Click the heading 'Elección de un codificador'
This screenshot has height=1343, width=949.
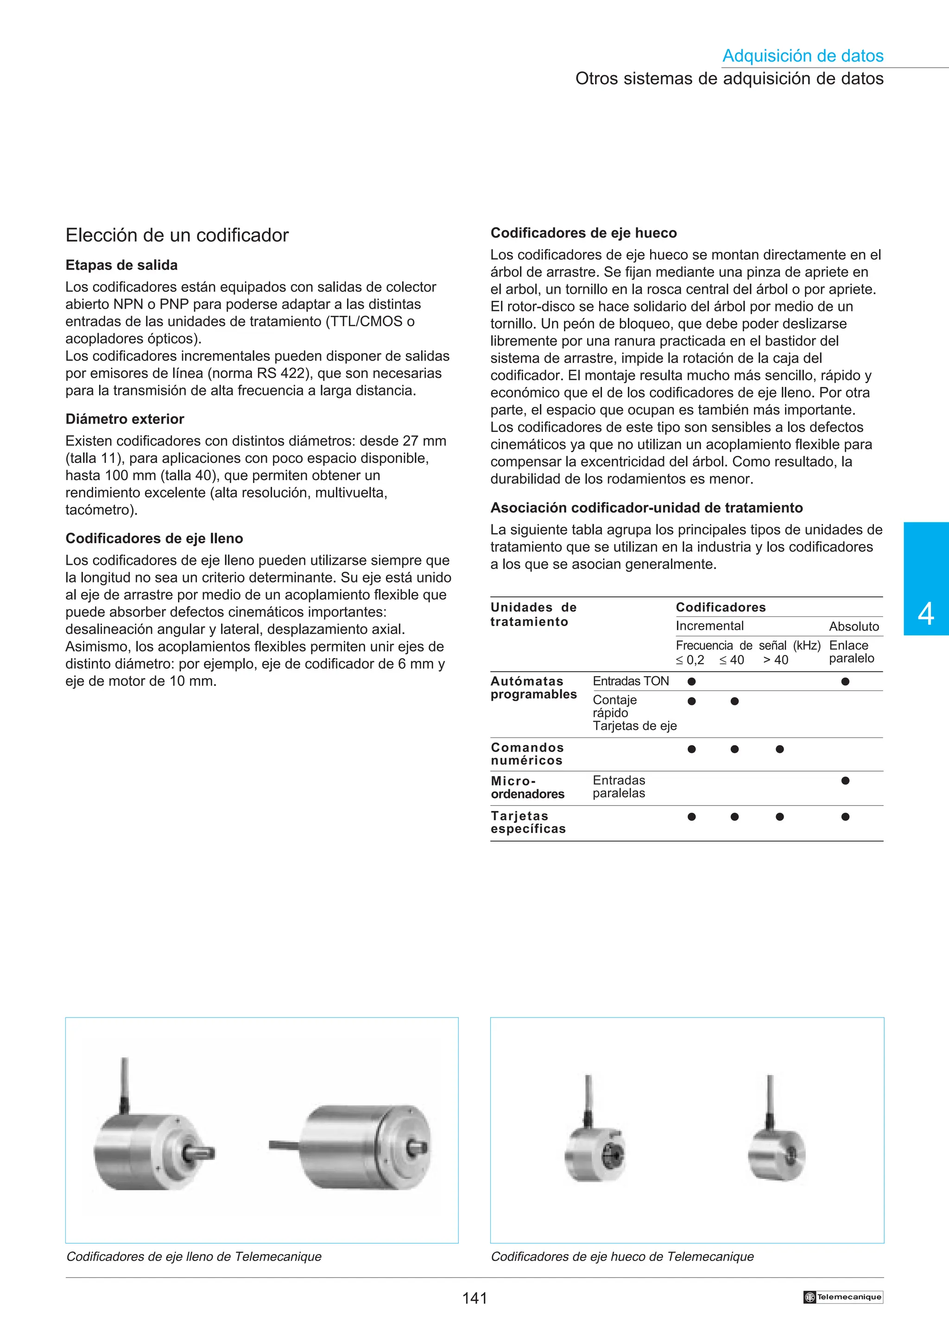click(177, 235)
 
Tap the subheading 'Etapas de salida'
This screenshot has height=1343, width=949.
click(121, 265)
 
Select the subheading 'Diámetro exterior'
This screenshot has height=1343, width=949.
click(125, 419)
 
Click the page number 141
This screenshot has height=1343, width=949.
click(474, 1298)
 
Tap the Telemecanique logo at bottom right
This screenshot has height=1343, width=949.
click(842, 1297)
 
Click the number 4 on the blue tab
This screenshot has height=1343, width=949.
click(926, 614)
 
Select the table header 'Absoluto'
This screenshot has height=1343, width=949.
click(854, 627)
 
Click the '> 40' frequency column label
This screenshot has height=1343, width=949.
click(775, 660)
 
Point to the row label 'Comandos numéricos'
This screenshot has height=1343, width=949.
click(527, 754)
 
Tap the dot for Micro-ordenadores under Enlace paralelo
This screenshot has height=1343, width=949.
click(845, 780)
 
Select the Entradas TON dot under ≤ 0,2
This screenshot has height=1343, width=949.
click(692, 681)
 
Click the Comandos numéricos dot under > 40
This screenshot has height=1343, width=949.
click(779, 749)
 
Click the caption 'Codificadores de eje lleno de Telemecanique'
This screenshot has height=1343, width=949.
click(194, 1256)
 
